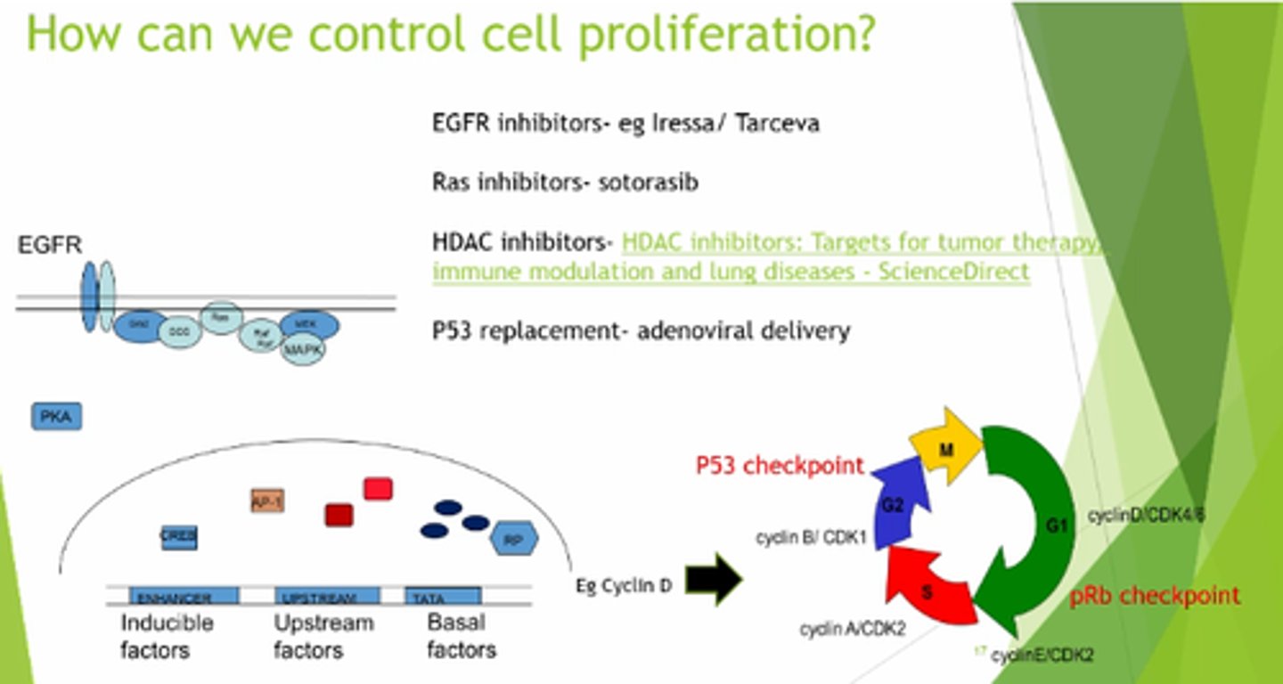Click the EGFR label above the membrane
[50, 245]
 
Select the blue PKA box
[57, 416]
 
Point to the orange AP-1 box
[267, 501]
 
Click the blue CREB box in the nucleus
[179, 537]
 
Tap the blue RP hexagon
[514, 539]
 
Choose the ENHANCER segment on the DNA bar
[184, 597]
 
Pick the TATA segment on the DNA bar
[443, 597]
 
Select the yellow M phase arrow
[945, 449]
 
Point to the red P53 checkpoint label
[780, 465]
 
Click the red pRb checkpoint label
[1154, 595]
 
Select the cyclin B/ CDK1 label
[811, 538]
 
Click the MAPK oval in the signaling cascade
[303, 350]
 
